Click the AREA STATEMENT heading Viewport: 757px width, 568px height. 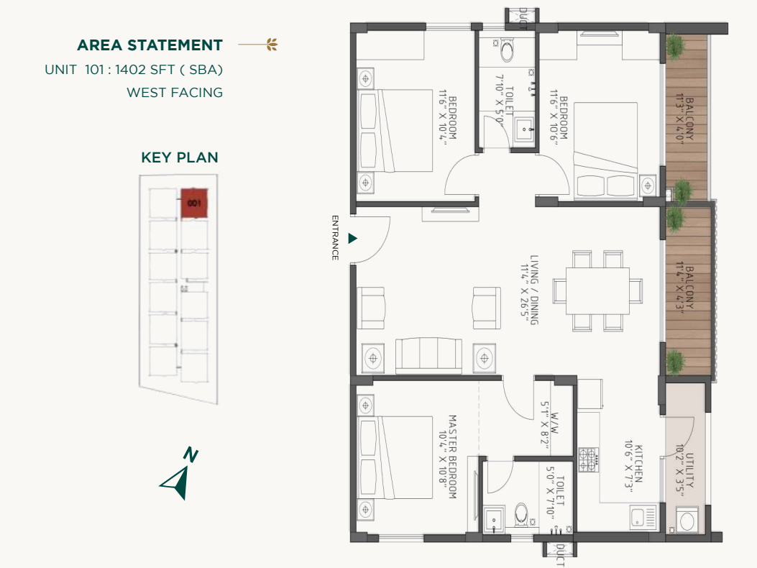click(x=150, y=45)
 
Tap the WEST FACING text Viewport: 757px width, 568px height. click(x=175, y=92)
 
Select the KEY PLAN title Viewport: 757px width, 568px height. click(x=180, y=157)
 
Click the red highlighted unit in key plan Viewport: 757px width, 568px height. click(x=193, y=203)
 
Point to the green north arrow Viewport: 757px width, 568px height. click(x=177, y=479)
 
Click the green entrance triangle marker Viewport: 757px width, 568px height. click(x=352, y=238)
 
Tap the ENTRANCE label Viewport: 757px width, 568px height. click(x=335, y=238)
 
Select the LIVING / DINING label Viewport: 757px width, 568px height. click(x=533, y=289)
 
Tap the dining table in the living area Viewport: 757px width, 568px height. click(x=597, y=290)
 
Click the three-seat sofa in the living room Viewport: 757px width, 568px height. click(x=428, y=355)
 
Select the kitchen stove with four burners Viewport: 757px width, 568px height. click(x=588, y=459)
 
